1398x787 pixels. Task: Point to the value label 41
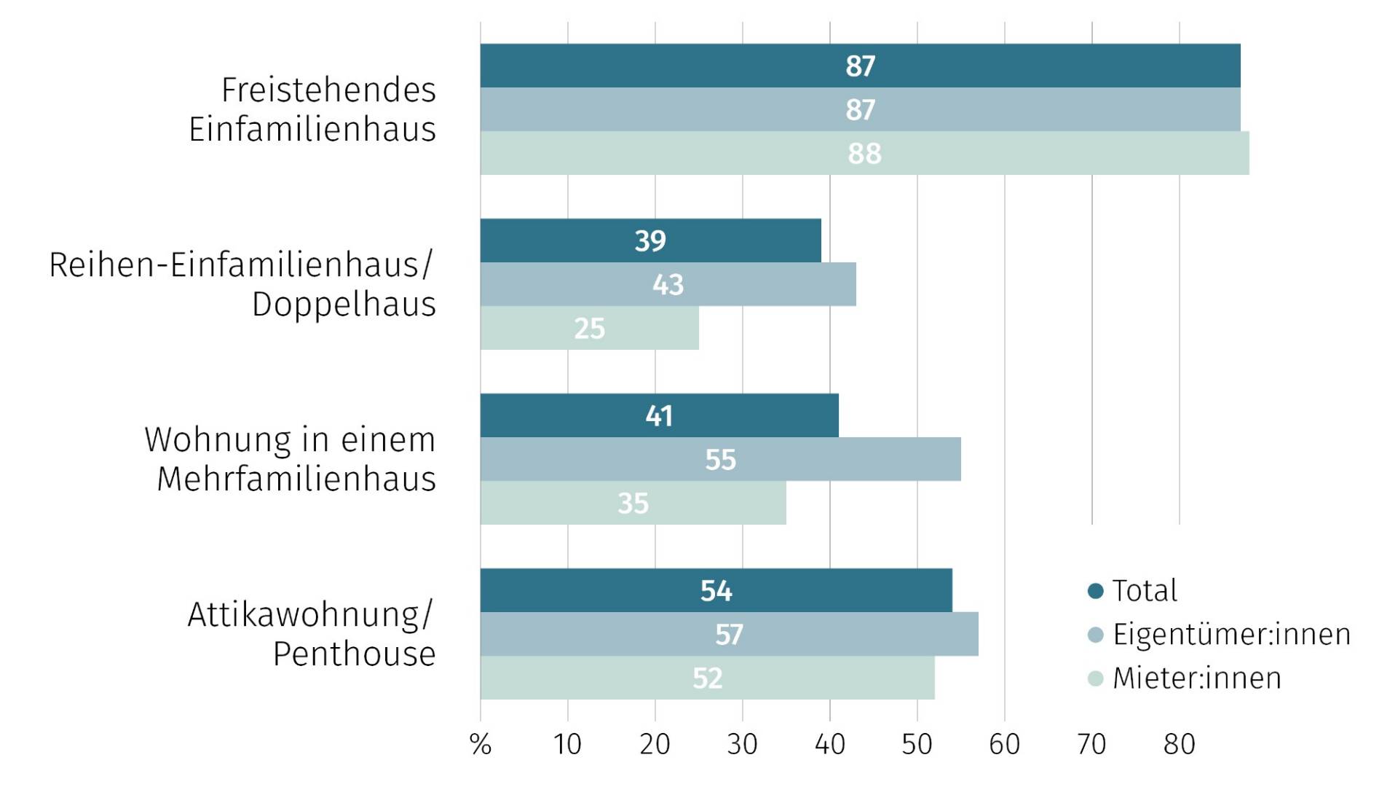659,416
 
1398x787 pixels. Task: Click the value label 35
633,504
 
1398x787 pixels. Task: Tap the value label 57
729,635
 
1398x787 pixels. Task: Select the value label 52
707,678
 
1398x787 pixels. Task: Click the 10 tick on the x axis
567,744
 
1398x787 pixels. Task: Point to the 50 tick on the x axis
917,744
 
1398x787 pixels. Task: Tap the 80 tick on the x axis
1179,744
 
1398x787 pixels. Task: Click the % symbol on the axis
481,744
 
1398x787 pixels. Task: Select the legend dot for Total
1095,590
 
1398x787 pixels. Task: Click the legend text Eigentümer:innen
1231,634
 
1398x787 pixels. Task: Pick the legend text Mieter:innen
1196,678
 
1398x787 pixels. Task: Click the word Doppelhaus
344,304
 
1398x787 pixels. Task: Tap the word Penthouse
354,654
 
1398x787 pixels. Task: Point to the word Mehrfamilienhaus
296,479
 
